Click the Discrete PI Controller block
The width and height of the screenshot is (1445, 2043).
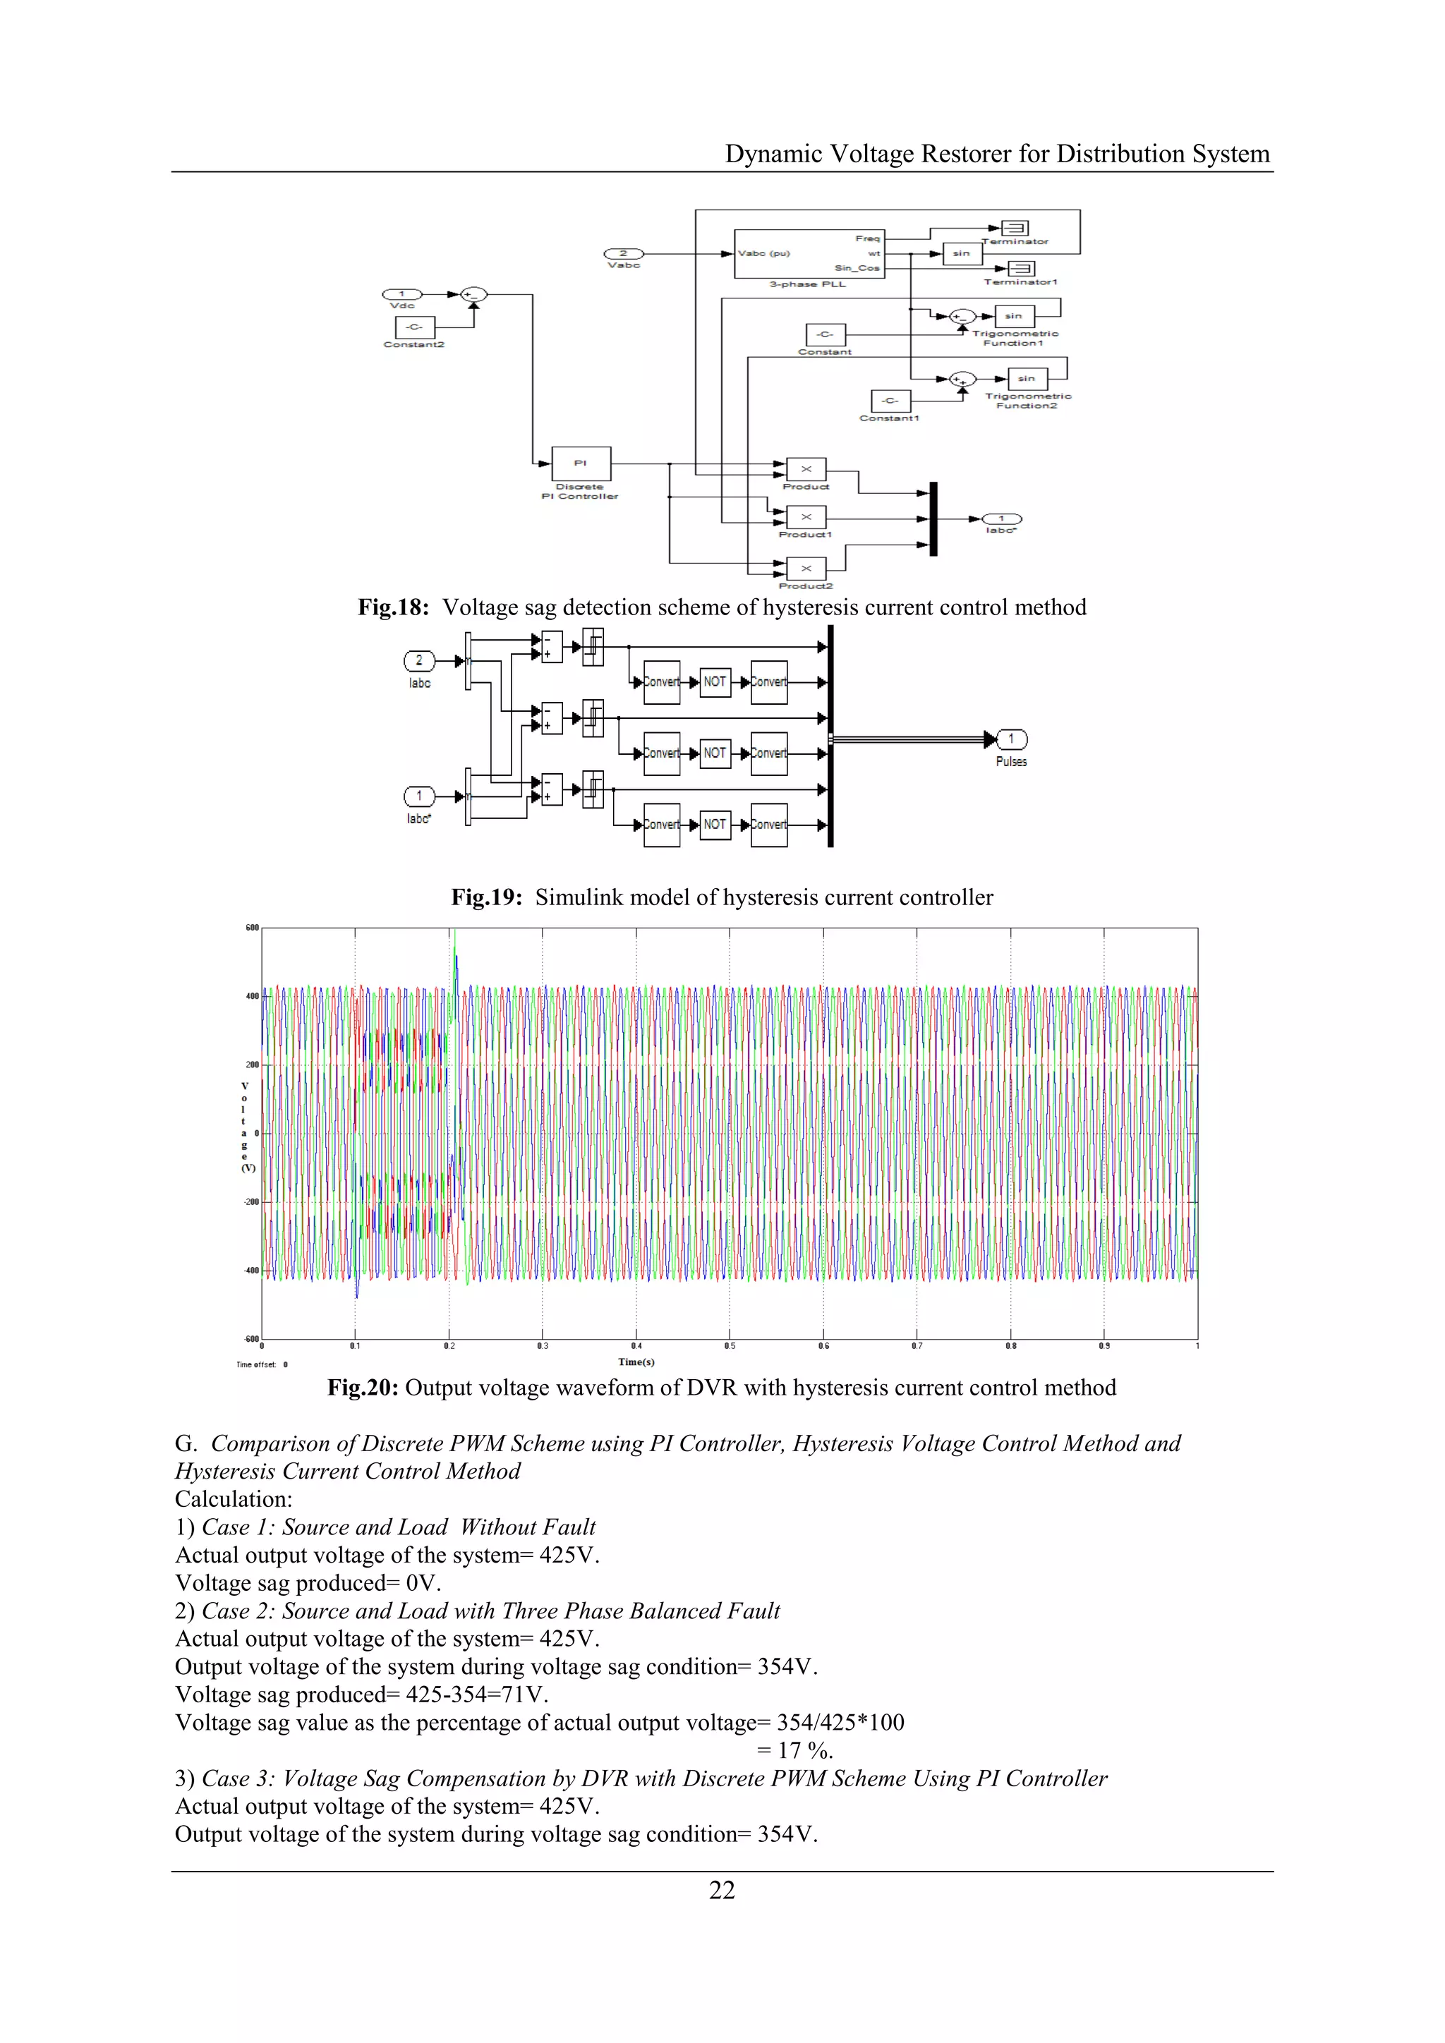point(581,463)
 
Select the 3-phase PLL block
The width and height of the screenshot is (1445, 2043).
point(809,253)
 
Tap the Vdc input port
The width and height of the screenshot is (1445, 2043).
point(402,293)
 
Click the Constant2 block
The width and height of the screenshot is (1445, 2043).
point(413,327)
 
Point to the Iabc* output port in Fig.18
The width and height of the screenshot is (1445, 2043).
point(1001,519)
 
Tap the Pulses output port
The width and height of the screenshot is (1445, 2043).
point(1012,739)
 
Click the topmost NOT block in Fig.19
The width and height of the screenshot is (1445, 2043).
point(715,681)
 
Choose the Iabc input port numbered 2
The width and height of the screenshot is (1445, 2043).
point(419,660)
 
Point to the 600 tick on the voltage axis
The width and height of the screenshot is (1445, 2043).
point(252,928)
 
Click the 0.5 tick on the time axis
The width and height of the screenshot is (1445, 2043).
point(730,1346)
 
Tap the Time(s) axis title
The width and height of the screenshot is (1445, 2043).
point(636,1362)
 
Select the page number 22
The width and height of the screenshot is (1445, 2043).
point(722,1890)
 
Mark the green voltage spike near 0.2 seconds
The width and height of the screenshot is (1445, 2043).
point(454,943)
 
